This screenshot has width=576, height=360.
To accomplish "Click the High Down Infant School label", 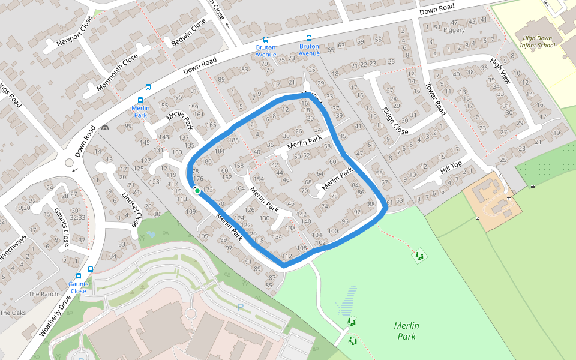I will click(x=538, y=41).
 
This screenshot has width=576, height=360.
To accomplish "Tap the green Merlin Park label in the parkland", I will click(x=406, y=331).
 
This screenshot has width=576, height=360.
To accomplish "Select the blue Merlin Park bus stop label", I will click(x=140, y=111).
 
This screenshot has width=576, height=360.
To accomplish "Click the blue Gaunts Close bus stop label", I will click(x=78, y=287).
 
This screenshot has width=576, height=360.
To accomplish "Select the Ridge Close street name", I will click(x=395, y=121).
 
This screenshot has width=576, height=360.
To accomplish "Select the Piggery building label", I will click(x=454, y=29).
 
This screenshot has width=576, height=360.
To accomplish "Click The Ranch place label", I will click(x=44, y=294).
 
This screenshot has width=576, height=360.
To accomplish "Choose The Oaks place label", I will click(x=13, y=313).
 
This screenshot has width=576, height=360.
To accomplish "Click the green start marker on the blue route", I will click(x=197, y=190).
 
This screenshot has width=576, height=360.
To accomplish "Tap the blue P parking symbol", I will click(x=241, y=308).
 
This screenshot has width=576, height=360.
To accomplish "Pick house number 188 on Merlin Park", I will click(x=233, y=140).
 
